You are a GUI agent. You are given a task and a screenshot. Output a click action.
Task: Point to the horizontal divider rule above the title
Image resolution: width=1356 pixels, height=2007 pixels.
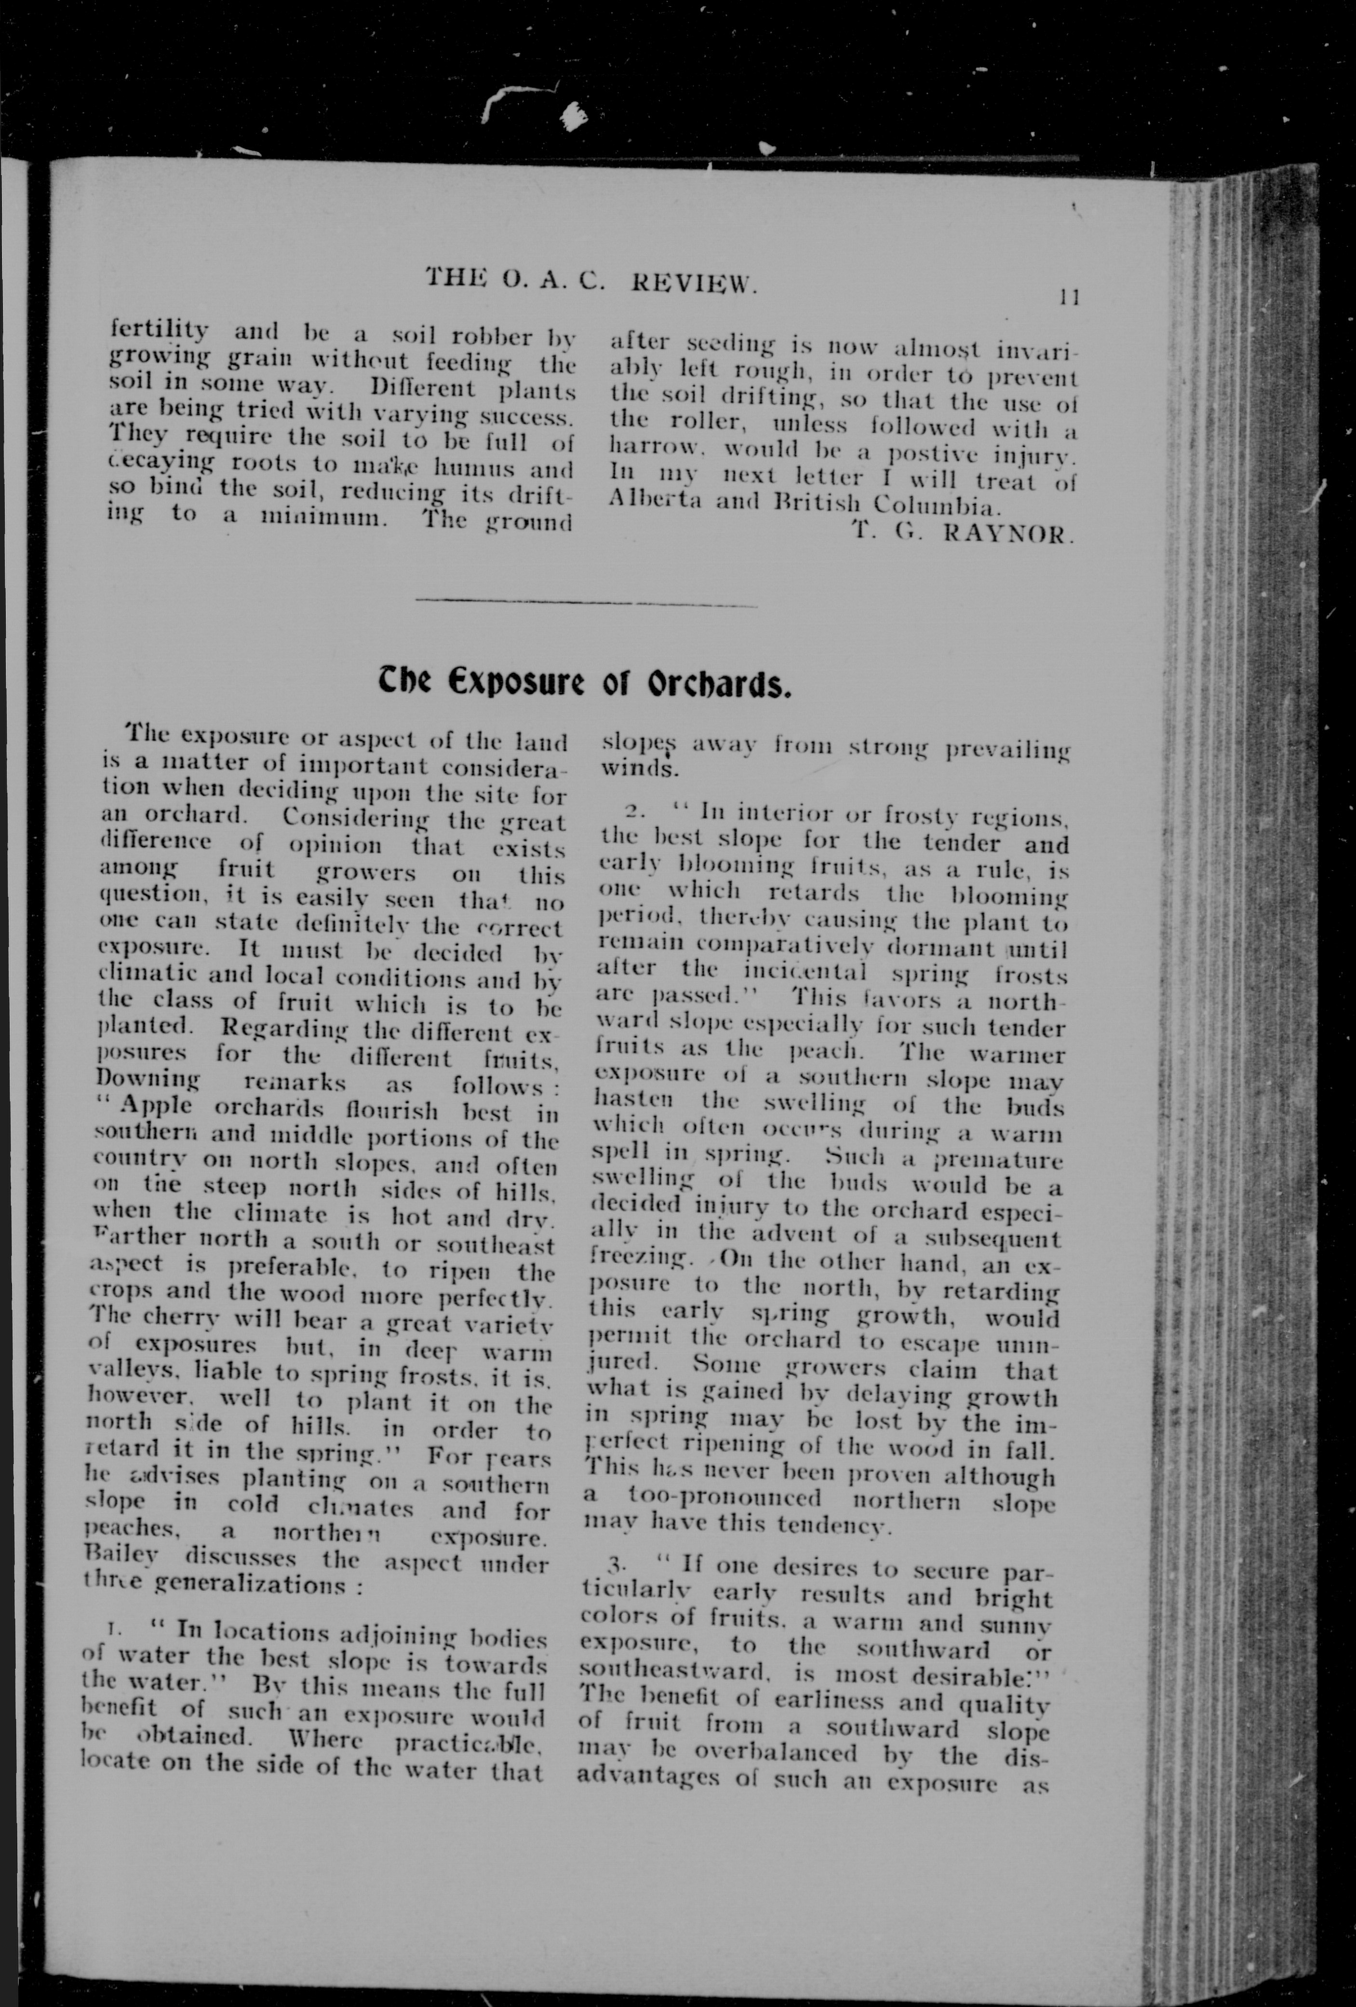coord(587,603)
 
